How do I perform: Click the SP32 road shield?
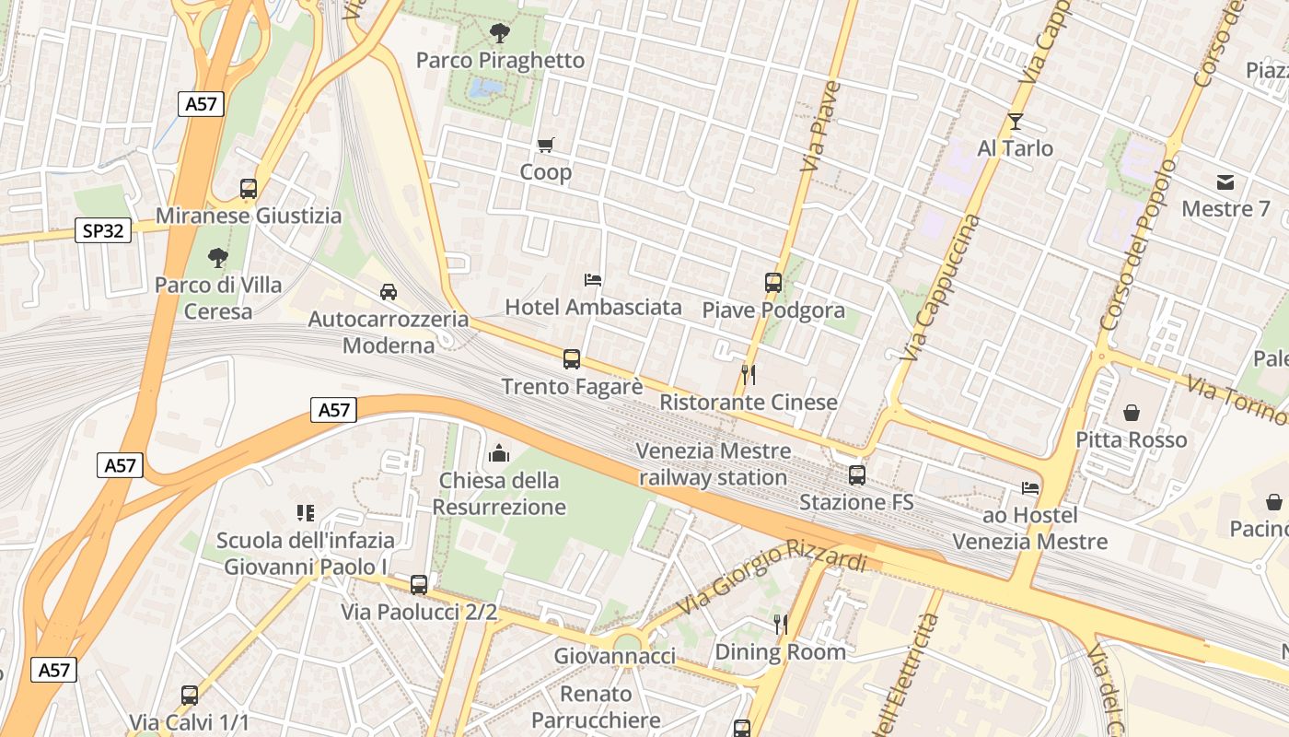tap(103, 230)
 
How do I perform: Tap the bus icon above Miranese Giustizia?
tap(249, 189)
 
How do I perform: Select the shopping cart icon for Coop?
tap(546, 145)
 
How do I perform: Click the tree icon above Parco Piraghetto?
tap(500, 34)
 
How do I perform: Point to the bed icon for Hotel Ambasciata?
tap(593, 279)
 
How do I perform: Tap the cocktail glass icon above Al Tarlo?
tap(1015, 121)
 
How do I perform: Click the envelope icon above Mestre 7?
tap(1225, 181)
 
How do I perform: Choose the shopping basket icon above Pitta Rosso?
tap(1132, 413)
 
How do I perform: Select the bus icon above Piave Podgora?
tap(772, 283)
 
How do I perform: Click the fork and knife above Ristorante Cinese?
tap(749, 375)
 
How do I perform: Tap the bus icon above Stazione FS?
tap(857, 475)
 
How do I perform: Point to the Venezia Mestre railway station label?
tap(714, 464)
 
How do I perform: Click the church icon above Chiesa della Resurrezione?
tap(499, 453)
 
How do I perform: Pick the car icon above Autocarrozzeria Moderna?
tap(389, 292)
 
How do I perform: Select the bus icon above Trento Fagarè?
tap(572, 359)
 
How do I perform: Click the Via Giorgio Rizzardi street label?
tap(773, 578)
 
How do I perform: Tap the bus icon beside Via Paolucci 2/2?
tap(419, 584)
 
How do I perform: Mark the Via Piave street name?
tap(821, 126)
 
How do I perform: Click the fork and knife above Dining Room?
tap(781, 625)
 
